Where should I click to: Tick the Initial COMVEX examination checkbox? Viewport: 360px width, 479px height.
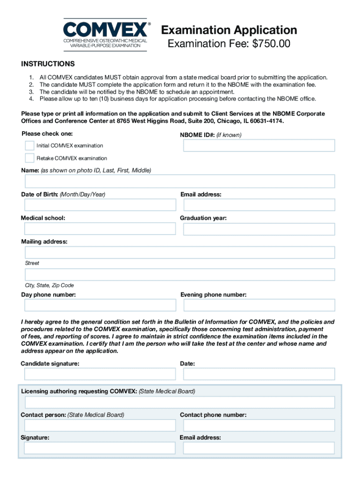(x=29, y=145)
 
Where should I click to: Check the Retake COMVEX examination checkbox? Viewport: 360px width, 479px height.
(x=29, y=158)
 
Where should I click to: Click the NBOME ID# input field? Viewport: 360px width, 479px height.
(x=259, y=145)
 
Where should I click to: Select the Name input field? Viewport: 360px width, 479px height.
(x=180, y=181)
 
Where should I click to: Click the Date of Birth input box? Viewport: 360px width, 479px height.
(x=100, y=205)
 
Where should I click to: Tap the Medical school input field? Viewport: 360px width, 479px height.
(x=100, y=229)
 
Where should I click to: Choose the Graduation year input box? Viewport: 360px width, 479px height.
(x=259, y=229)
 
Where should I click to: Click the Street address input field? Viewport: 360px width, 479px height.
(x=180, y=253)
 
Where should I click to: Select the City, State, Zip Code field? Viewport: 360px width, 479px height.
(x=180, y=275)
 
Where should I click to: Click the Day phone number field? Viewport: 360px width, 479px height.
(x=100, y=305)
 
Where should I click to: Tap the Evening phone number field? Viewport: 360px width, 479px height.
(x=259, y=305)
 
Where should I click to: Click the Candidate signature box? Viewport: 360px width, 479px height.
(x=100, y=374)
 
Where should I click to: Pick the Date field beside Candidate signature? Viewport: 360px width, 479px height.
(x=259, y=374)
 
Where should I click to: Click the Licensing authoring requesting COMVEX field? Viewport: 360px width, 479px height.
(x=180, y=402)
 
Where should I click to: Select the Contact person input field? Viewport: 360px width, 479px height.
(x=100, y=425)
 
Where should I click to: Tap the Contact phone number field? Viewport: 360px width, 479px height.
(x=259, y=425)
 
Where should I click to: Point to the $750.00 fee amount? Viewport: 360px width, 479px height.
(x=271, y=44)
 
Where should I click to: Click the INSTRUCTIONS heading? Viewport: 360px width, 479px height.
(x=48, y=64)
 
